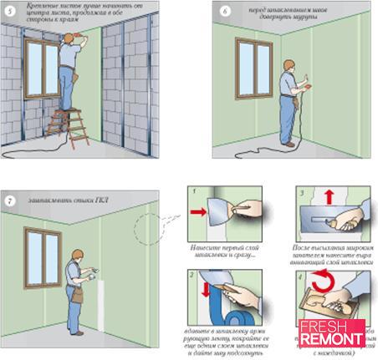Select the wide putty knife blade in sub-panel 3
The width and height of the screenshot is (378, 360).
pyautogui.click(x=316, y=219)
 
